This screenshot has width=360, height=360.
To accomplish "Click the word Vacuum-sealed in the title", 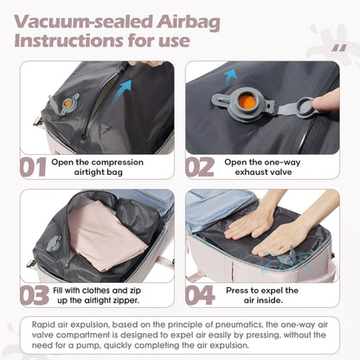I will pyautogui.click(x=99, y=20).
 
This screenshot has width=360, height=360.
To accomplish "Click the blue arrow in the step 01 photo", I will pyautogui.click(x=126, y=84).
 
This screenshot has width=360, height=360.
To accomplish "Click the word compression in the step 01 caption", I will pyautogui.click(x=120, y=161).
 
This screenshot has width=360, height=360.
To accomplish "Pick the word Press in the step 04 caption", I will pyautogui.click(x=241, y=290).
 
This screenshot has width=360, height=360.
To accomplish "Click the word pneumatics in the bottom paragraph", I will pyautogui.click(x=229, y=324).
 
